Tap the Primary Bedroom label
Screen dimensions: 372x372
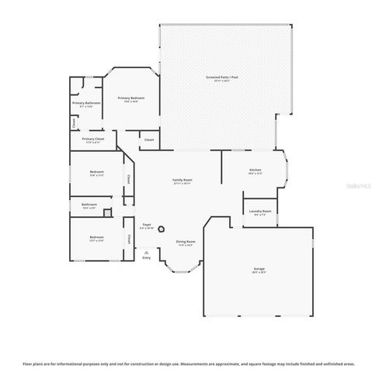tap(130, 98)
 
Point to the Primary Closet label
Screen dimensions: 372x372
tap(92, 139)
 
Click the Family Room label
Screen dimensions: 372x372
tap(182, 180)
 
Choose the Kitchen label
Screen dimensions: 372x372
tap(255, 169)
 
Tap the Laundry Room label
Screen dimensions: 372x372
tap(260, 211)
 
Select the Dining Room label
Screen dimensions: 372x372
tap(185, 241)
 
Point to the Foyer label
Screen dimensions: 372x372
tap(146, 224)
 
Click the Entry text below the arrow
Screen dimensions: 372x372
tap(146, 257)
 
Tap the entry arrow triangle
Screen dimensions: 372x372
tap(146, 251)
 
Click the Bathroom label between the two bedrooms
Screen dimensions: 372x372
tap(89, 205)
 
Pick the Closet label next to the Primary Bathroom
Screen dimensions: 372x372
tap(73, 122)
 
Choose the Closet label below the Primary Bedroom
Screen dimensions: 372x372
tap(148, 139)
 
